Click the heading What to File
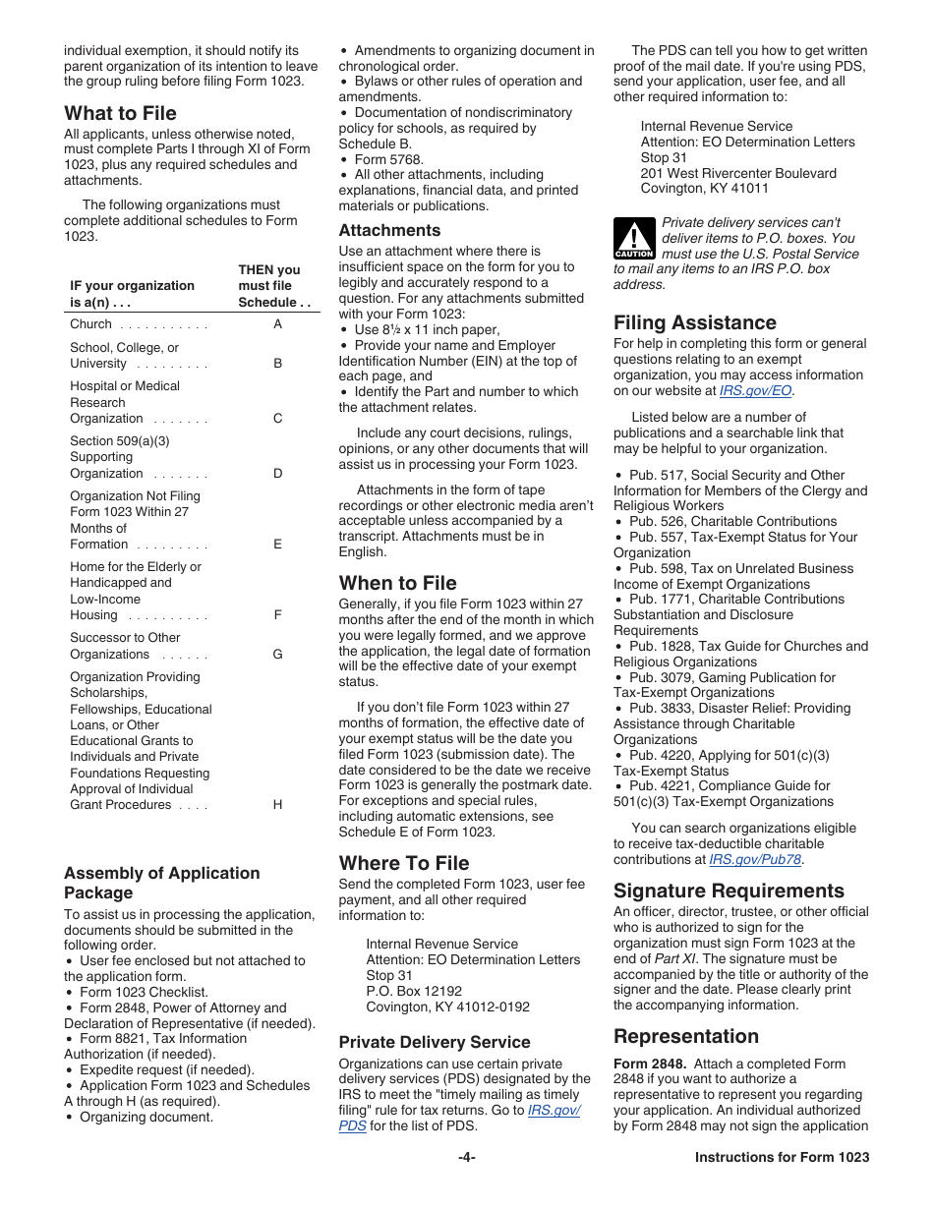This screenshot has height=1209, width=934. pos(120,113)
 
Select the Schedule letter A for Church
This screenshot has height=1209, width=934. pos(277,324)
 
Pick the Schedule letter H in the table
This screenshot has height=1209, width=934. pos(277,805)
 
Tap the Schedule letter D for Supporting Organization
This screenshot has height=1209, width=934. pos(277,474)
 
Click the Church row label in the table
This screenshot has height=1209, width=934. pos(91,324)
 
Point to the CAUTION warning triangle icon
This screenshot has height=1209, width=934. pos(634,239)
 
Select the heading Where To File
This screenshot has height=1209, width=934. pos(404,863)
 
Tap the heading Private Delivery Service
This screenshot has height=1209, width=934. pos(434,1042)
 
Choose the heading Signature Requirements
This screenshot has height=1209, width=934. pos(729,891)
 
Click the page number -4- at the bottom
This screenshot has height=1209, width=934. pos(466,1157)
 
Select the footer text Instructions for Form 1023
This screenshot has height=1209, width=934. pos(782,1157)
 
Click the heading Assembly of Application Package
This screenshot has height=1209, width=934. pos(162,883)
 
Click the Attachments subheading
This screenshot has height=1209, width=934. pos(389,231)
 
